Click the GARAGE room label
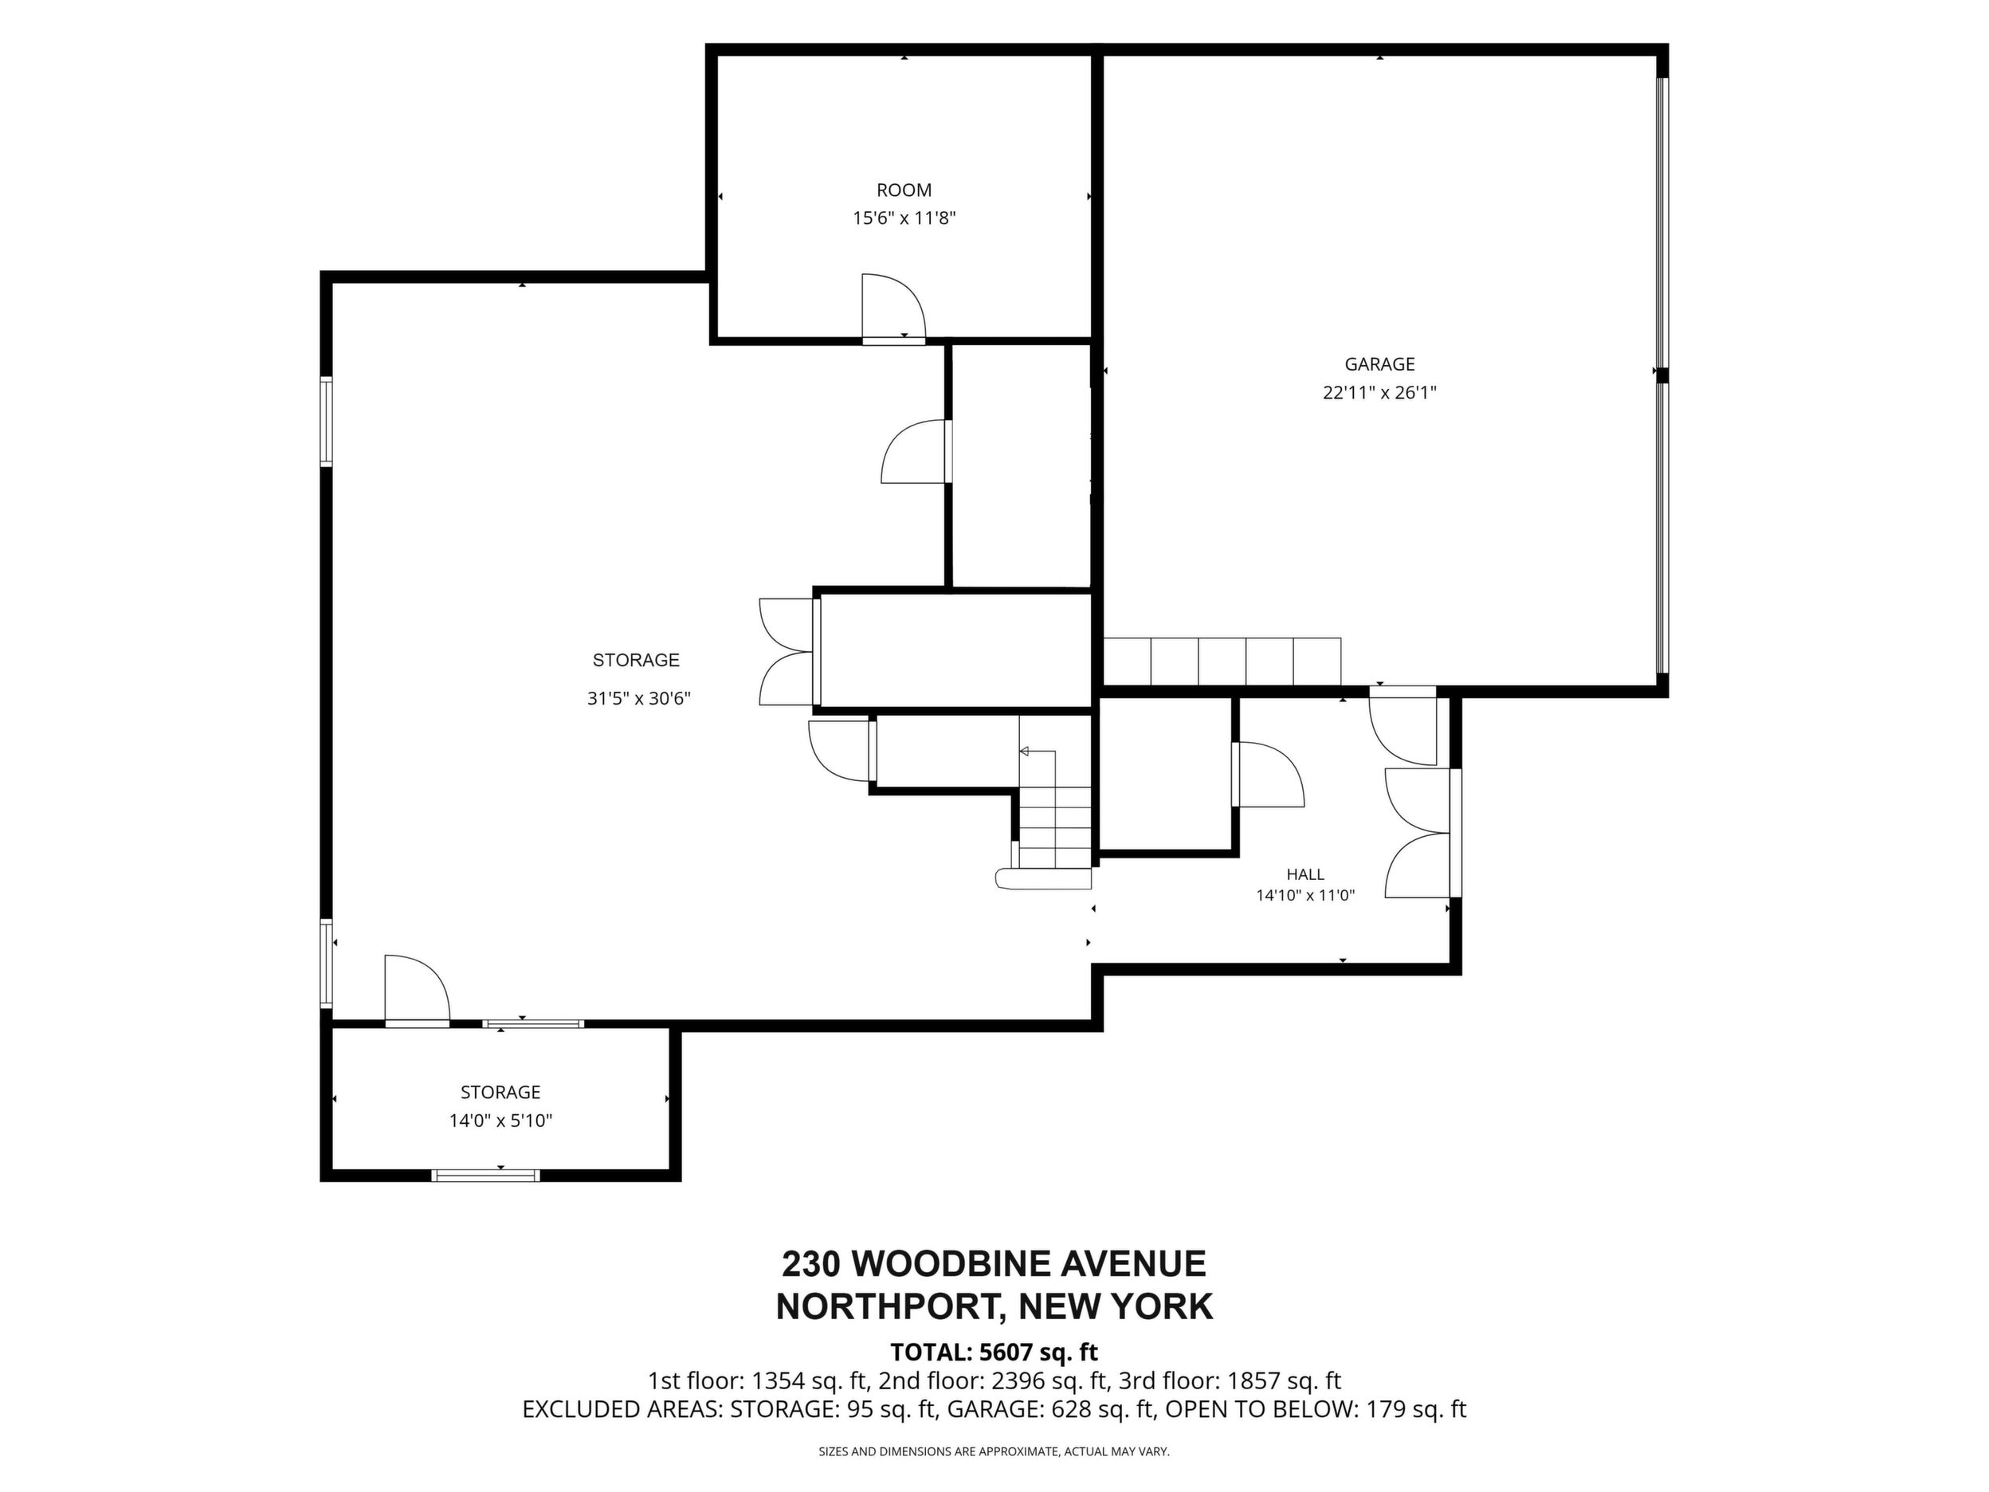[1379, 364]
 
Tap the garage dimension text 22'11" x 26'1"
[1379, 393]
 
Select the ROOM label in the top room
[904, 190]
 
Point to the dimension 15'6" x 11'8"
[904, 218]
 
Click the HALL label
[1304, 874]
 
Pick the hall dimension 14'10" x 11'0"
[1304, 896]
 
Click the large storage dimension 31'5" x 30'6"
[638, 699]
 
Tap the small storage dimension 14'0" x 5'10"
[501, 1121]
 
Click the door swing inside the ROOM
[892, 308]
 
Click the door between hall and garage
[1402, 727]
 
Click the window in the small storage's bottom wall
[485, 1176]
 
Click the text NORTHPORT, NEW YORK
[994, 1307]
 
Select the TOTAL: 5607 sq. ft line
[994, 1353]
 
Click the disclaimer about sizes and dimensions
[994, 1451]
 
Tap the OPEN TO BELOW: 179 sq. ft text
[1316, 1409]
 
